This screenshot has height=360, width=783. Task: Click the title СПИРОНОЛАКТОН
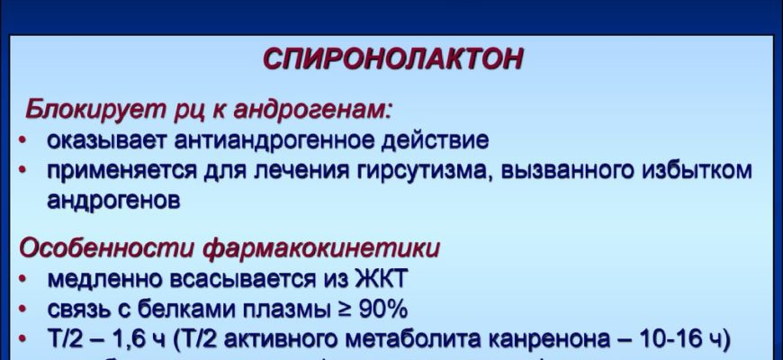click(392, 59)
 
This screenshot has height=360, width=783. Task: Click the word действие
click(435, 140)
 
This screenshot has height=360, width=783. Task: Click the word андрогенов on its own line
click(113, 200)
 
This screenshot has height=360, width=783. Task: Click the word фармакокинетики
click(320, 248)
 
